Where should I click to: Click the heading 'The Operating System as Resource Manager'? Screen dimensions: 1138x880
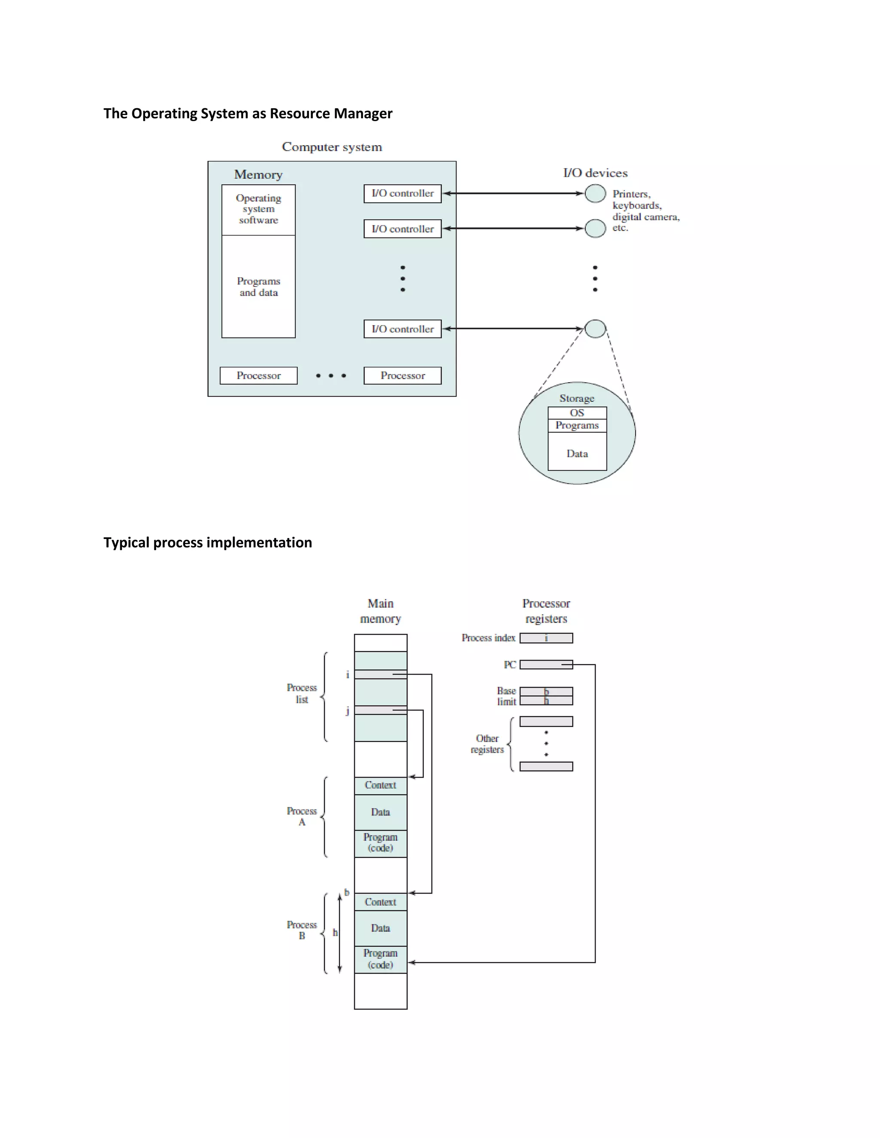tap(247, 114)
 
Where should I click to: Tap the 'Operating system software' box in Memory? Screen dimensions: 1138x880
tap(258, 210)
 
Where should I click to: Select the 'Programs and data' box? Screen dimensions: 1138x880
tap(258, 286)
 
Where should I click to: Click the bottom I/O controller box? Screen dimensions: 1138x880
tap(403, 329)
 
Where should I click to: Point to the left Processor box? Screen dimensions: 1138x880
tap(258, 376)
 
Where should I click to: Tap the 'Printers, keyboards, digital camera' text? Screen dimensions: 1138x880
tap(645, 210)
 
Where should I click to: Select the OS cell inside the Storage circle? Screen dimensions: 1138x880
tap(577, 413)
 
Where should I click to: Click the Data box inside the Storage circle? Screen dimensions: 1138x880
tap(577, 452)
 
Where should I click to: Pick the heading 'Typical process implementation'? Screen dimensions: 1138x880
tap(208, 542)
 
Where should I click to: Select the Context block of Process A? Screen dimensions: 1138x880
tap(381, 785)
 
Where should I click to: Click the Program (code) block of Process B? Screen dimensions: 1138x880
tap(381, 959)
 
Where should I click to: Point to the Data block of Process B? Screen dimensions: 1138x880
tap(381, 928)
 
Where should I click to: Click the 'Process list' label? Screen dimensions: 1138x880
tap(301, 694)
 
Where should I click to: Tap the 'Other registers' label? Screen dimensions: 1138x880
tap(487, 744)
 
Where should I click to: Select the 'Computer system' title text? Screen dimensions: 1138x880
tap(332, 147)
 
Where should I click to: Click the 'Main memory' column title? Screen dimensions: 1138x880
tap(381, 611)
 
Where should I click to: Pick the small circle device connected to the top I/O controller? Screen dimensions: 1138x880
tap(595, 193)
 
